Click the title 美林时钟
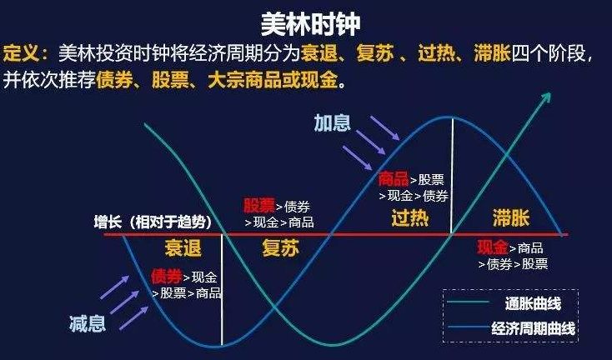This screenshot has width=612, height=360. click(311, 24)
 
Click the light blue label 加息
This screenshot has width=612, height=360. click(333, 123)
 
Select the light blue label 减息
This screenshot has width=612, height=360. click(88, 323)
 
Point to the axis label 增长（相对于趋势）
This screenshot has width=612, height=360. click(153, 222)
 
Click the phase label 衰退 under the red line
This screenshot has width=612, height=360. click(183, 248)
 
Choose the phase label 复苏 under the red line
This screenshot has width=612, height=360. click(281, 248)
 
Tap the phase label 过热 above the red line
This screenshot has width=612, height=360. click(410, 217)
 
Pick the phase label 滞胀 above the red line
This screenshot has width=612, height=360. click(511, 217)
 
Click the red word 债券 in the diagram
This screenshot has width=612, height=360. click(167, 276)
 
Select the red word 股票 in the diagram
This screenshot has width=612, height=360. click(259, 205)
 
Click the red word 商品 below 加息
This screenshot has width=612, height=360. click(394, 179)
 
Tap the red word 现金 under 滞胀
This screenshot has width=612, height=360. click(493, 247)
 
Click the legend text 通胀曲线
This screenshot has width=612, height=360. click(533, 303)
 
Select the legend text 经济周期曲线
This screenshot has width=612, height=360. click(533, 328)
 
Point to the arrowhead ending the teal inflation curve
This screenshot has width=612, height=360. click(547, 97)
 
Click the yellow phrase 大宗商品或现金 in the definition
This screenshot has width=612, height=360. click(273, 80)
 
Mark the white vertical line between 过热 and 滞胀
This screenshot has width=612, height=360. click(452, 176)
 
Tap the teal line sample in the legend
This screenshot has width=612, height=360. click(468, 302)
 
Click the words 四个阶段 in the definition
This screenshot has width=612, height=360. click(549, 53)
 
